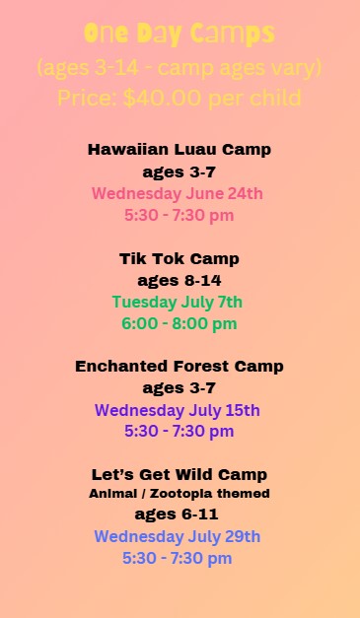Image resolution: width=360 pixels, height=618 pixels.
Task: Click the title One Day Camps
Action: tap(180, 34)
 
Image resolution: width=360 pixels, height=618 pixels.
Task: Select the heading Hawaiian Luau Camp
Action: tap(180, 150)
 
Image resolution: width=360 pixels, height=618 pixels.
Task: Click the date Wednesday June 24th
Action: tap(180, 193)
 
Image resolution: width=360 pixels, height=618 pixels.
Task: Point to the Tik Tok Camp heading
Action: tap(180, 258)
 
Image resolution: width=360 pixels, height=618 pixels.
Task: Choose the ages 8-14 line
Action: tap(180, 280)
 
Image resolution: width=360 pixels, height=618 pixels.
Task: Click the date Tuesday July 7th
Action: tap(178, 302)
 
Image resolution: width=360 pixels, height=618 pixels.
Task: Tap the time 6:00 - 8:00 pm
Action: tap(180, 323)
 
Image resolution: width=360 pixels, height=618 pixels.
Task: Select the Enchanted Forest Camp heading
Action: tap(180, 367)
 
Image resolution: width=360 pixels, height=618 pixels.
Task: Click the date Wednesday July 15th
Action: tap(178, 410)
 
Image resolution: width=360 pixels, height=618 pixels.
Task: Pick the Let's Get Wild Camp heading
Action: tap(180, 475)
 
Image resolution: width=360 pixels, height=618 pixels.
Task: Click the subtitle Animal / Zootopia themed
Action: tap(180, 494)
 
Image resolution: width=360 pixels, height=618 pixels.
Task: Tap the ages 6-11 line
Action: tap(178, 515)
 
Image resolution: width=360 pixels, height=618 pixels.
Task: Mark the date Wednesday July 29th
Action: tap(178, 537)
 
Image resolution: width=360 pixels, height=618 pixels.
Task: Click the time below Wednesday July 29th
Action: tap(178, 559)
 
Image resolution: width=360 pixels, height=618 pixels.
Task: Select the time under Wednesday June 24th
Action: tap(180, 215)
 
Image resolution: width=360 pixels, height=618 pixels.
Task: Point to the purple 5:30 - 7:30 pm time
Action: tap(180, 432)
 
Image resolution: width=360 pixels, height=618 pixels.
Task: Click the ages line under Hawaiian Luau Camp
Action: tap(180, 172)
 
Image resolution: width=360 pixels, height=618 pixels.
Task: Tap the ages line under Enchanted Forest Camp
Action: tap(180, 388)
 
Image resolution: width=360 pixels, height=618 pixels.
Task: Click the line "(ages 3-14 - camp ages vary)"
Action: tap(180, 69)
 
